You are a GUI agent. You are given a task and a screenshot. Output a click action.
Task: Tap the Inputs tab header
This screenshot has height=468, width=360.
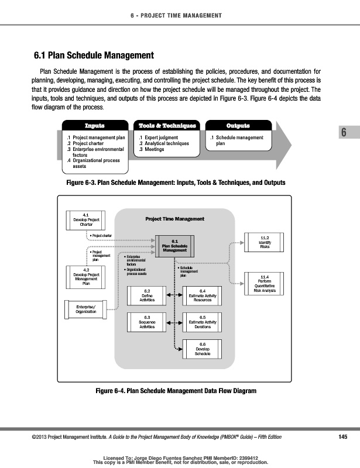tap(94, 126)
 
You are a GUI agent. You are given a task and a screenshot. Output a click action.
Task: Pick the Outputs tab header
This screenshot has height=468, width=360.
tap(238, 126)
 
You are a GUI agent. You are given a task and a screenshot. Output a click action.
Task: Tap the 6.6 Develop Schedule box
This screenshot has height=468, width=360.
tap(202, 349)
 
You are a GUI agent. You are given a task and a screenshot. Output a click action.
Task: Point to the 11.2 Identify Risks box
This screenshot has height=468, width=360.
tap(265, 242)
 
